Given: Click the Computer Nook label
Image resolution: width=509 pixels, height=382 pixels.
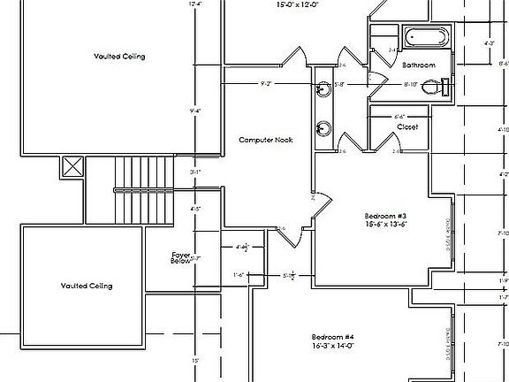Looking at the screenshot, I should click(x=266, y=140).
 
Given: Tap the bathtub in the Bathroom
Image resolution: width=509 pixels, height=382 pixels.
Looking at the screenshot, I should click(x=426, y=38).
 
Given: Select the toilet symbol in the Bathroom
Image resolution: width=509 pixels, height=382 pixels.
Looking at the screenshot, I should click(x=434, y=87).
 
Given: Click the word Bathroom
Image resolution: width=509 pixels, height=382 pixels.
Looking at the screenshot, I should click(x=419, y=65).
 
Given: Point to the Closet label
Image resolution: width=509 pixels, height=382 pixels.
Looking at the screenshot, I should click(x=407, y=127).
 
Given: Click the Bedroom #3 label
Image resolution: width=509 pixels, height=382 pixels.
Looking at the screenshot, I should click(x=384, y=216).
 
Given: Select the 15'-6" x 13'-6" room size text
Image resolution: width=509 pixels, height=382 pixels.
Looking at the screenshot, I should click(x=384, y=225).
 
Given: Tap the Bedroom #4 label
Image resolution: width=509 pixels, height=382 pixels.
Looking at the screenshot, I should click(x=333, y=338).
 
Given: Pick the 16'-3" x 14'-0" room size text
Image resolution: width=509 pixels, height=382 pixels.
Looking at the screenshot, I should click(x=333, y=347).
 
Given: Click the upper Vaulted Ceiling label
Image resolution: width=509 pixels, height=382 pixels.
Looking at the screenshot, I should click(x=119, y=57).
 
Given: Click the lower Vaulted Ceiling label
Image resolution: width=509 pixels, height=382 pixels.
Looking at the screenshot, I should click(x=87, y=286).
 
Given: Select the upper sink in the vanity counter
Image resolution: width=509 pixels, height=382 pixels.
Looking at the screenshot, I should click(x=324, y=88).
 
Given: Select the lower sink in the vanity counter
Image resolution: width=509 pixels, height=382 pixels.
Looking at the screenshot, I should click(x=324, y=126).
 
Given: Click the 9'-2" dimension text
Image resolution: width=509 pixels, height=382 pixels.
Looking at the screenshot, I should click(x=266, y=84).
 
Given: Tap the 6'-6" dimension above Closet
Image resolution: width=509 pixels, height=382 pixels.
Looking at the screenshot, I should click(x=399, y=116).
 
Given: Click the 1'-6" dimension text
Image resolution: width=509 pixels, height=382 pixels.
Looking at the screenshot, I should click(x=239, y=275).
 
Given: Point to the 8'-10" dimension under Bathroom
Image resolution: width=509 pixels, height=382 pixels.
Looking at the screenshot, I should click(x=410, y=85).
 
